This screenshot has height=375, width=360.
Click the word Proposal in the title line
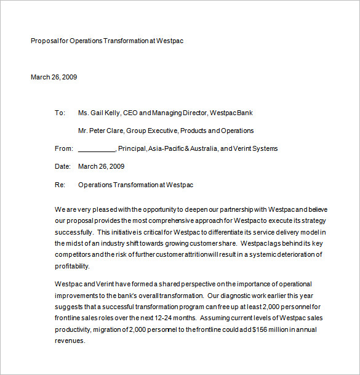pos(44,41)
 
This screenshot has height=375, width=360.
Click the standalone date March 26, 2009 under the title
pos(54,77)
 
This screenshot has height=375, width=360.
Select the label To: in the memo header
pos(60,113)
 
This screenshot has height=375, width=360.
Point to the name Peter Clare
pos(106,131)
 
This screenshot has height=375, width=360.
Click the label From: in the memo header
pos(64,148)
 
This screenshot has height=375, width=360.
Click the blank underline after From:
pos(97,149)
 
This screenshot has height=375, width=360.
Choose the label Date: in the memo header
pos(63,166)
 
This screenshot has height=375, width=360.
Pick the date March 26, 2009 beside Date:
pos(102,166)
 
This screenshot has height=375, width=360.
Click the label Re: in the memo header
pos(60,184)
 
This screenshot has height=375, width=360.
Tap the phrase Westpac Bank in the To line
pos(231,113)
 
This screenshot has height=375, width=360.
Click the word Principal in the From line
pos(132,148)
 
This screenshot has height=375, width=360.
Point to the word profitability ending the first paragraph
pos(72,266)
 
